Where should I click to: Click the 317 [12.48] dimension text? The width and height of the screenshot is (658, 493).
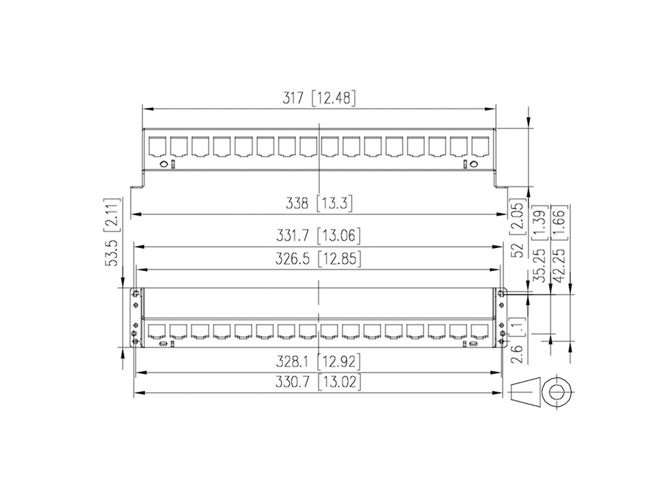(x=319, y=99)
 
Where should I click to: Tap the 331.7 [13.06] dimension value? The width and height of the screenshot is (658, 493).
(x=320, y=236)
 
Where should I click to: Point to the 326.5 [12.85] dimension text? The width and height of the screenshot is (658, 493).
(x=320, y=259)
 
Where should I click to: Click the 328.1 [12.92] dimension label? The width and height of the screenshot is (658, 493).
(x=320, y=362)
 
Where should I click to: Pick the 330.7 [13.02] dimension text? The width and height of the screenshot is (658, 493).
(x=320, y=382)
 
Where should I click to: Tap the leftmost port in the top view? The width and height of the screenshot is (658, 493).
(x=157, y=146)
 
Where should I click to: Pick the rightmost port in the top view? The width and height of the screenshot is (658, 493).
(x=480, y=146)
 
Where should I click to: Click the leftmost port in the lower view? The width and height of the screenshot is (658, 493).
(x=157, y=330)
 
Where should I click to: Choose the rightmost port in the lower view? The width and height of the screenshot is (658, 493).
(x=480, y=330)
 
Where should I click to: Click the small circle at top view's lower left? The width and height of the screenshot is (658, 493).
(x=163, y=164)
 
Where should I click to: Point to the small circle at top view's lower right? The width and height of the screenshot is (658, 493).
(x=473, y=164)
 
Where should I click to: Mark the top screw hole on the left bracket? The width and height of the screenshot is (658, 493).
(x=135, y=294)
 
